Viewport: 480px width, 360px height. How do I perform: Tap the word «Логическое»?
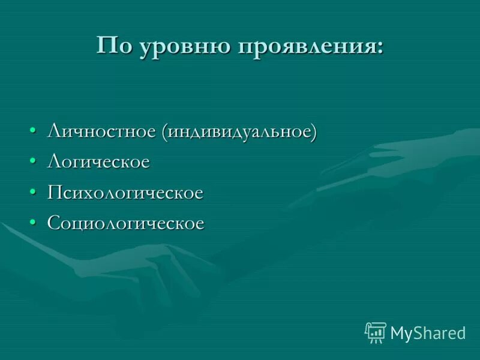[x=98, y=162]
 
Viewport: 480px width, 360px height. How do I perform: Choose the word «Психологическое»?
[x=125, y=193]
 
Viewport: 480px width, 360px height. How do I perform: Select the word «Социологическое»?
[x=126, y=224]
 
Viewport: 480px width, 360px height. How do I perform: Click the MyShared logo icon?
[x=376, y=332]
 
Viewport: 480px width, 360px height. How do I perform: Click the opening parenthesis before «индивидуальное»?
[x=164, y=132]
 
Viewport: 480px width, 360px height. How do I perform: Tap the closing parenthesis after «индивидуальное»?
[x=313, y=132]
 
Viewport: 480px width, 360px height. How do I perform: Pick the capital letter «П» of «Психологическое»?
[x=54, y=193]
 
